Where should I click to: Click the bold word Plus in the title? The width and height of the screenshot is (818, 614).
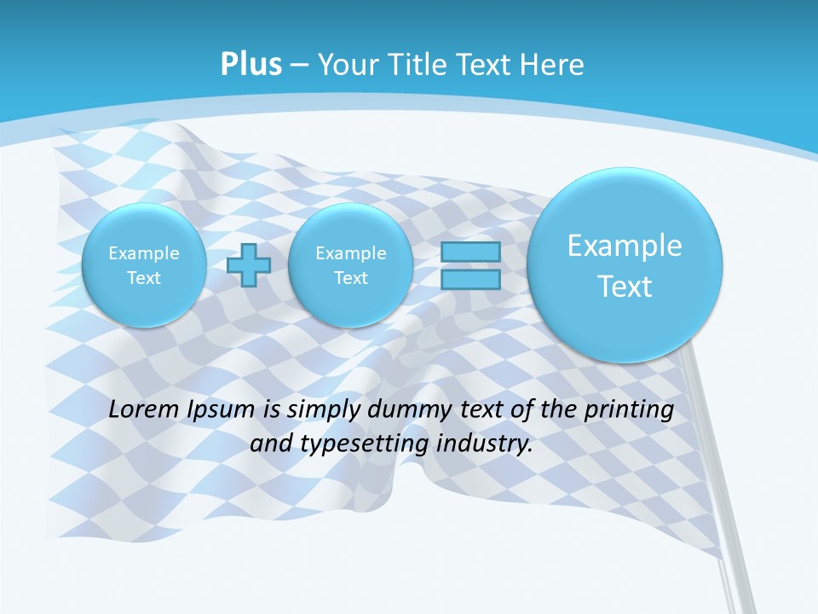(x=251, y=65)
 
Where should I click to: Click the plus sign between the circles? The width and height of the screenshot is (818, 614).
(x=249, y=265)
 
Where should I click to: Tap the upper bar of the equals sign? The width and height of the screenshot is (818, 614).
(x=470, y=252)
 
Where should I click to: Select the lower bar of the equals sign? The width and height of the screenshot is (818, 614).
(x=470, y=279)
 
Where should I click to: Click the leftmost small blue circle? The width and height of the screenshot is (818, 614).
(x=144, y=265)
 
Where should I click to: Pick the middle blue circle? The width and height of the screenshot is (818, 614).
(x=350, y=265)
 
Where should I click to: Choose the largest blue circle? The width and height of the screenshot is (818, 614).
(x=625, y=265)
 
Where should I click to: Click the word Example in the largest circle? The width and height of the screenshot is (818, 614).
(x=625, y=246)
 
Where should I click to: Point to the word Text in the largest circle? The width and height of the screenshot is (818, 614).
(x=625, y=287)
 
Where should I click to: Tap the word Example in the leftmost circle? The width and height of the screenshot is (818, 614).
(x=144, y=253)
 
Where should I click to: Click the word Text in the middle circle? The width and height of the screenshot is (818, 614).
(x=350, y=278)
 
